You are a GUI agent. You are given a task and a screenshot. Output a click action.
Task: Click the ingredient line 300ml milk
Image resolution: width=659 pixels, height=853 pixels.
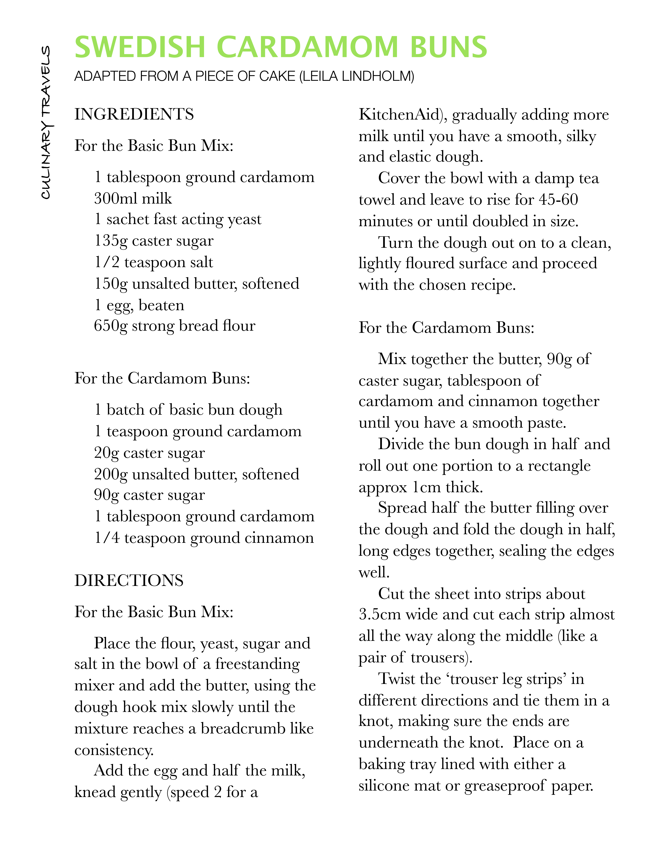[133, 198]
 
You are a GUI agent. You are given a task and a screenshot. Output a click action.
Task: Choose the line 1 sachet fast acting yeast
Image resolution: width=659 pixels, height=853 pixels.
[178, 220]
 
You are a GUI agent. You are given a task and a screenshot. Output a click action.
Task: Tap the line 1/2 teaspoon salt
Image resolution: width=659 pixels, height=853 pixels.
[153, 262]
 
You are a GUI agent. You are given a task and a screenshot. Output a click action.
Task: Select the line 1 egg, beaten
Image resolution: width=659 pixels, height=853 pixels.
[139, 305]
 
